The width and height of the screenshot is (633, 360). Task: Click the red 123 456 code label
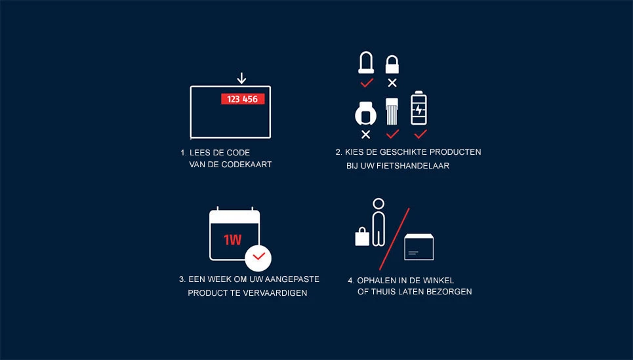tap(242, 99)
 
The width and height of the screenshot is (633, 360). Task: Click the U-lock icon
tap(366, 63)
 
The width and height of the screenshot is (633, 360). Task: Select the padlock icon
tap(392, 64)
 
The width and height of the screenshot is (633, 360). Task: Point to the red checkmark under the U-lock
tap(367, 83)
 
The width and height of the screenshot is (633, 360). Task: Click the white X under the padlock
tap(392, 83)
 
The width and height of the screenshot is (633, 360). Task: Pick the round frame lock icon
tap(365, 113)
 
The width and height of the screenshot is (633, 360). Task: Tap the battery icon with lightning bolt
tap(419, 109)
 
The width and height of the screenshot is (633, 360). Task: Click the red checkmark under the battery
tap(420, 134)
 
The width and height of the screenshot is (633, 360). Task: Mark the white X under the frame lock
tap(365, 134)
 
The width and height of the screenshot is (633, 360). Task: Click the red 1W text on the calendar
tap(232, 240)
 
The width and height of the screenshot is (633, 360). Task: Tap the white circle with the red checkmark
tap(258, 256)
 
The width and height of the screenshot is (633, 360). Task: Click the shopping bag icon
tap(362, 236)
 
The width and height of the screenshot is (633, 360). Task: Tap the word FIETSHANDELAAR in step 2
tap(417, 166)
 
